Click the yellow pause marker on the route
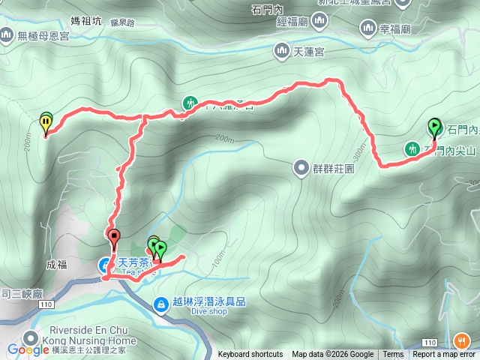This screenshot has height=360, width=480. tap(46, 121)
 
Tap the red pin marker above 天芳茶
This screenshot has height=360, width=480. tap(114, 238)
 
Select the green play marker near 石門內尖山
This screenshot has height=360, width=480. tap(434, 126)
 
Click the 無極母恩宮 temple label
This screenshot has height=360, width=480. tap(45, 34)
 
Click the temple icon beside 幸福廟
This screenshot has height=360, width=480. tap(368, 29)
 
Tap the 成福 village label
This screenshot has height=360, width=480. tap(56, 265)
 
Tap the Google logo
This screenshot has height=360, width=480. tap(28, 350)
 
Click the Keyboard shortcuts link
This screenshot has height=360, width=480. tap(250, 355)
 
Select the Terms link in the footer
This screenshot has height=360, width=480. tap(393, 355)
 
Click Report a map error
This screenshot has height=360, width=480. tap(445, 355)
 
